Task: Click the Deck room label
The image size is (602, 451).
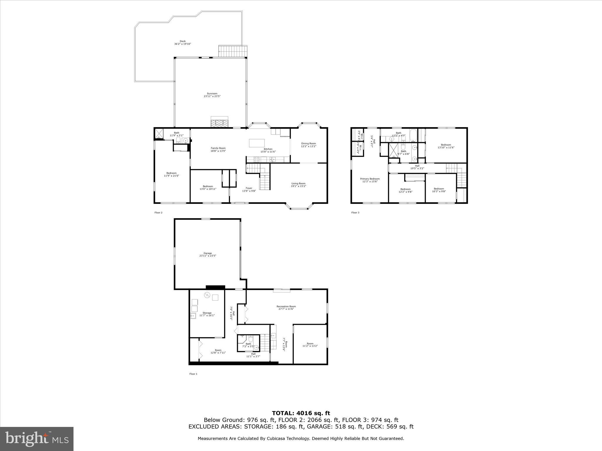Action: [x=183, y=41]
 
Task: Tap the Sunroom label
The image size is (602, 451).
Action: [x=212, y=94]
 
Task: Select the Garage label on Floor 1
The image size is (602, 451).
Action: [x=208, y=253]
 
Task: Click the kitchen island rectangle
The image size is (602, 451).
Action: [x=257, y=143]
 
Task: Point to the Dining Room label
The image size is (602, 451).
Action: [x=308, y=144]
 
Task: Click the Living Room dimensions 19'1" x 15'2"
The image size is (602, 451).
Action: [x=298, y=186]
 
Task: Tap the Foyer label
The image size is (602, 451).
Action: [x=249, y=188]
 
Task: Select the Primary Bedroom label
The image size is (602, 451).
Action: [x=370, y=179]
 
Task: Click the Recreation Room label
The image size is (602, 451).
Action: [x=286, y=307]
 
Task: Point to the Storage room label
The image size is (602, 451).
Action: [x=207, y=313]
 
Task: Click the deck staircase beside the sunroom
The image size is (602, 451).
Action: [x=233, y=51]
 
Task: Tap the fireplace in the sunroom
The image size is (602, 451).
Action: [x=220, y=122]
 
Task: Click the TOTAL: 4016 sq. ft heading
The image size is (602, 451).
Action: [x=301, y=413]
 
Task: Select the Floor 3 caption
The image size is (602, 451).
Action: [x=355, y=213]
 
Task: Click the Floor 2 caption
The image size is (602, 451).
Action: [x=158, y=213]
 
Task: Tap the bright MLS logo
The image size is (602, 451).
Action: [x=37, y=439]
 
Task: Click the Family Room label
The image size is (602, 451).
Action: [x=218, y=148]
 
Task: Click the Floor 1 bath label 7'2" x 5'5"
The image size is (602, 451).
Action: [x=248, y=345]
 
